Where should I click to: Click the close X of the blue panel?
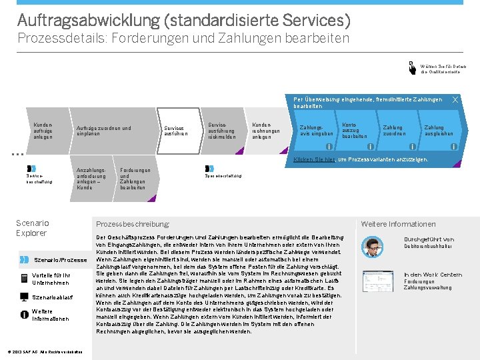[455, 100]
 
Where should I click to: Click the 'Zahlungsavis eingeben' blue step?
[315, 131]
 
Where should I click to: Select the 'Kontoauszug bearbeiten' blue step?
[354, 131]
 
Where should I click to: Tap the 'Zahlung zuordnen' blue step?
[393, 131]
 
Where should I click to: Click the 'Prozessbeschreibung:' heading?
[133, 224]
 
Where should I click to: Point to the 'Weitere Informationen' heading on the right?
[398, 224]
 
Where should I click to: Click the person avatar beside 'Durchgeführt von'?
[375, 245]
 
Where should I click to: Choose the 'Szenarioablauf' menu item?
[52, 297]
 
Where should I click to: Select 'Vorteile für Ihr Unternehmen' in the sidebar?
[49, 278]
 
